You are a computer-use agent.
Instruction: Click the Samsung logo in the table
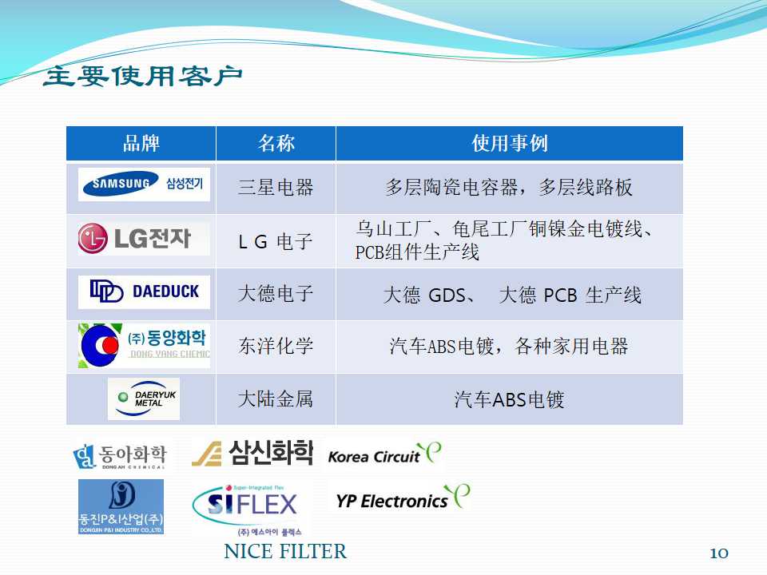[144, 184]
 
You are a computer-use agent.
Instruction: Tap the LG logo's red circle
[93, 239]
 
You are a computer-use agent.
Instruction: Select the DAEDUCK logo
[144, 292]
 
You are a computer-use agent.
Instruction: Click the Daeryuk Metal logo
[144, 399]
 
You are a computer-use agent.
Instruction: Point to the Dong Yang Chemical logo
[144, 345]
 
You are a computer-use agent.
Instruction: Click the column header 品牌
[141, 143]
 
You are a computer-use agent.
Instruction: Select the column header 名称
[276, 143]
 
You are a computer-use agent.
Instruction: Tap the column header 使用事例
[509, 143]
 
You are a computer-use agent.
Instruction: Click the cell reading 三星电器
[276, 187]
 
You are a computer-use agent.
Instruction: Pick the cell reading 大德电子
[276, 293]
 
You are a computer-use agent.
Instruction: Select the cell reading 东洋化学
[276, 346]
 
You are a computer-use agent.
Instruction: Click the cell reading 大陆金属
[276, 399]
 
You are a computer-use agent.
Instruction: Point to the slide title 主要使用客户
[143, 77]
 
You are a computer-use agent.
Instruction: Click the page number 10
[719, 553]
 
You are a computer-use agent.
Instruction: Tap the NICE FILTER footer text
[285, 552]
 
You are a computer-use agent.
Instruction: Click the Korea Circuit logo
[384, 454]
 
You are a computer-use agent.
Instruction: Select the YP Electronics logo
[403, 498]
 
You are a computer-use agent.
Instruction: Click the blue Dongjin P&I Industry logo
[121, 506]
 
